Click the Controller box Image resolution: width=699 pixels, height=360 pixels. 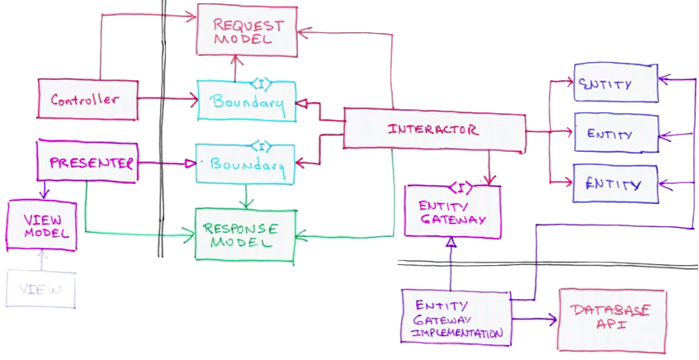coord(85,99)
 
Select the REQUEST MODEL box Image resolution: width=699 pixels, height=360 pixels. coord(246,31)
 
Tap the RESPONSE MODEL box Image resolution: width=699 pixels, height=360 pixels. coord(243,234)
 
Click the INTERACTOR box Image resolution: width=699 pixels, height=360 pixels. coord(433,130)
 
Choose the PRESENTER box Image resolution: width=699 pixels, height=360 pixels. coord(85,162)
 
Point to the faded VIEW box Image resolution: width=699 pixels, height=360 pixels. coord(41,290)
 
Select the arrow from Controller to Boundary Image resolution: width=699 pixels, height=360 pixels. coord(165,99)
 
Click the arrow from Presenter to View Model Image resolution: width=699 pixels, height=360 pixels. coord(45,191)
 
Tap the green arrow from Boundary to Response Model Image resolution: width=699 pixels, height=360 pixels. coord(245,196)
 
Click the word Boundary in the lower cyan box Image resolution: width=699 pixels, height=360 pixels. coord(248,164)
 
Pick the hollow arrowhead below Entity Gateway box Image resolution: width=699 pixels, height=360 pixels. coord(451,244)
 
